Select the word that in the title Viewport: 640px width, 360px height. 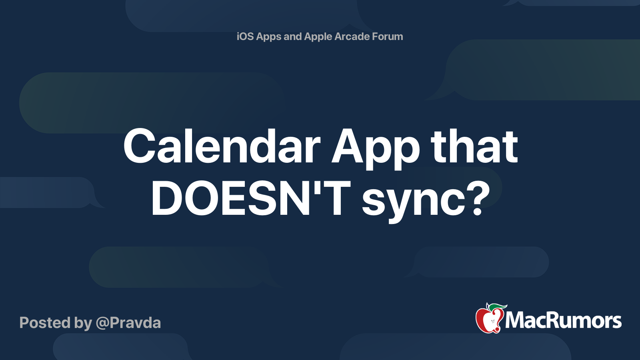tap(474, 146)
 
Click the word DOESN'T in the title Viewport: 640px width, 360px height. tap(250, 198)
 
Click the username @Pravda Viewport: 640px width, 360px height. tap(128, 323)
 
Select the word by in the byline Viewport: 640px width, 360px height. tap(83, 324)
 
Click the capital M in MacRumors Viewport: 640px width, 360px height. tap(516, 320)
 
